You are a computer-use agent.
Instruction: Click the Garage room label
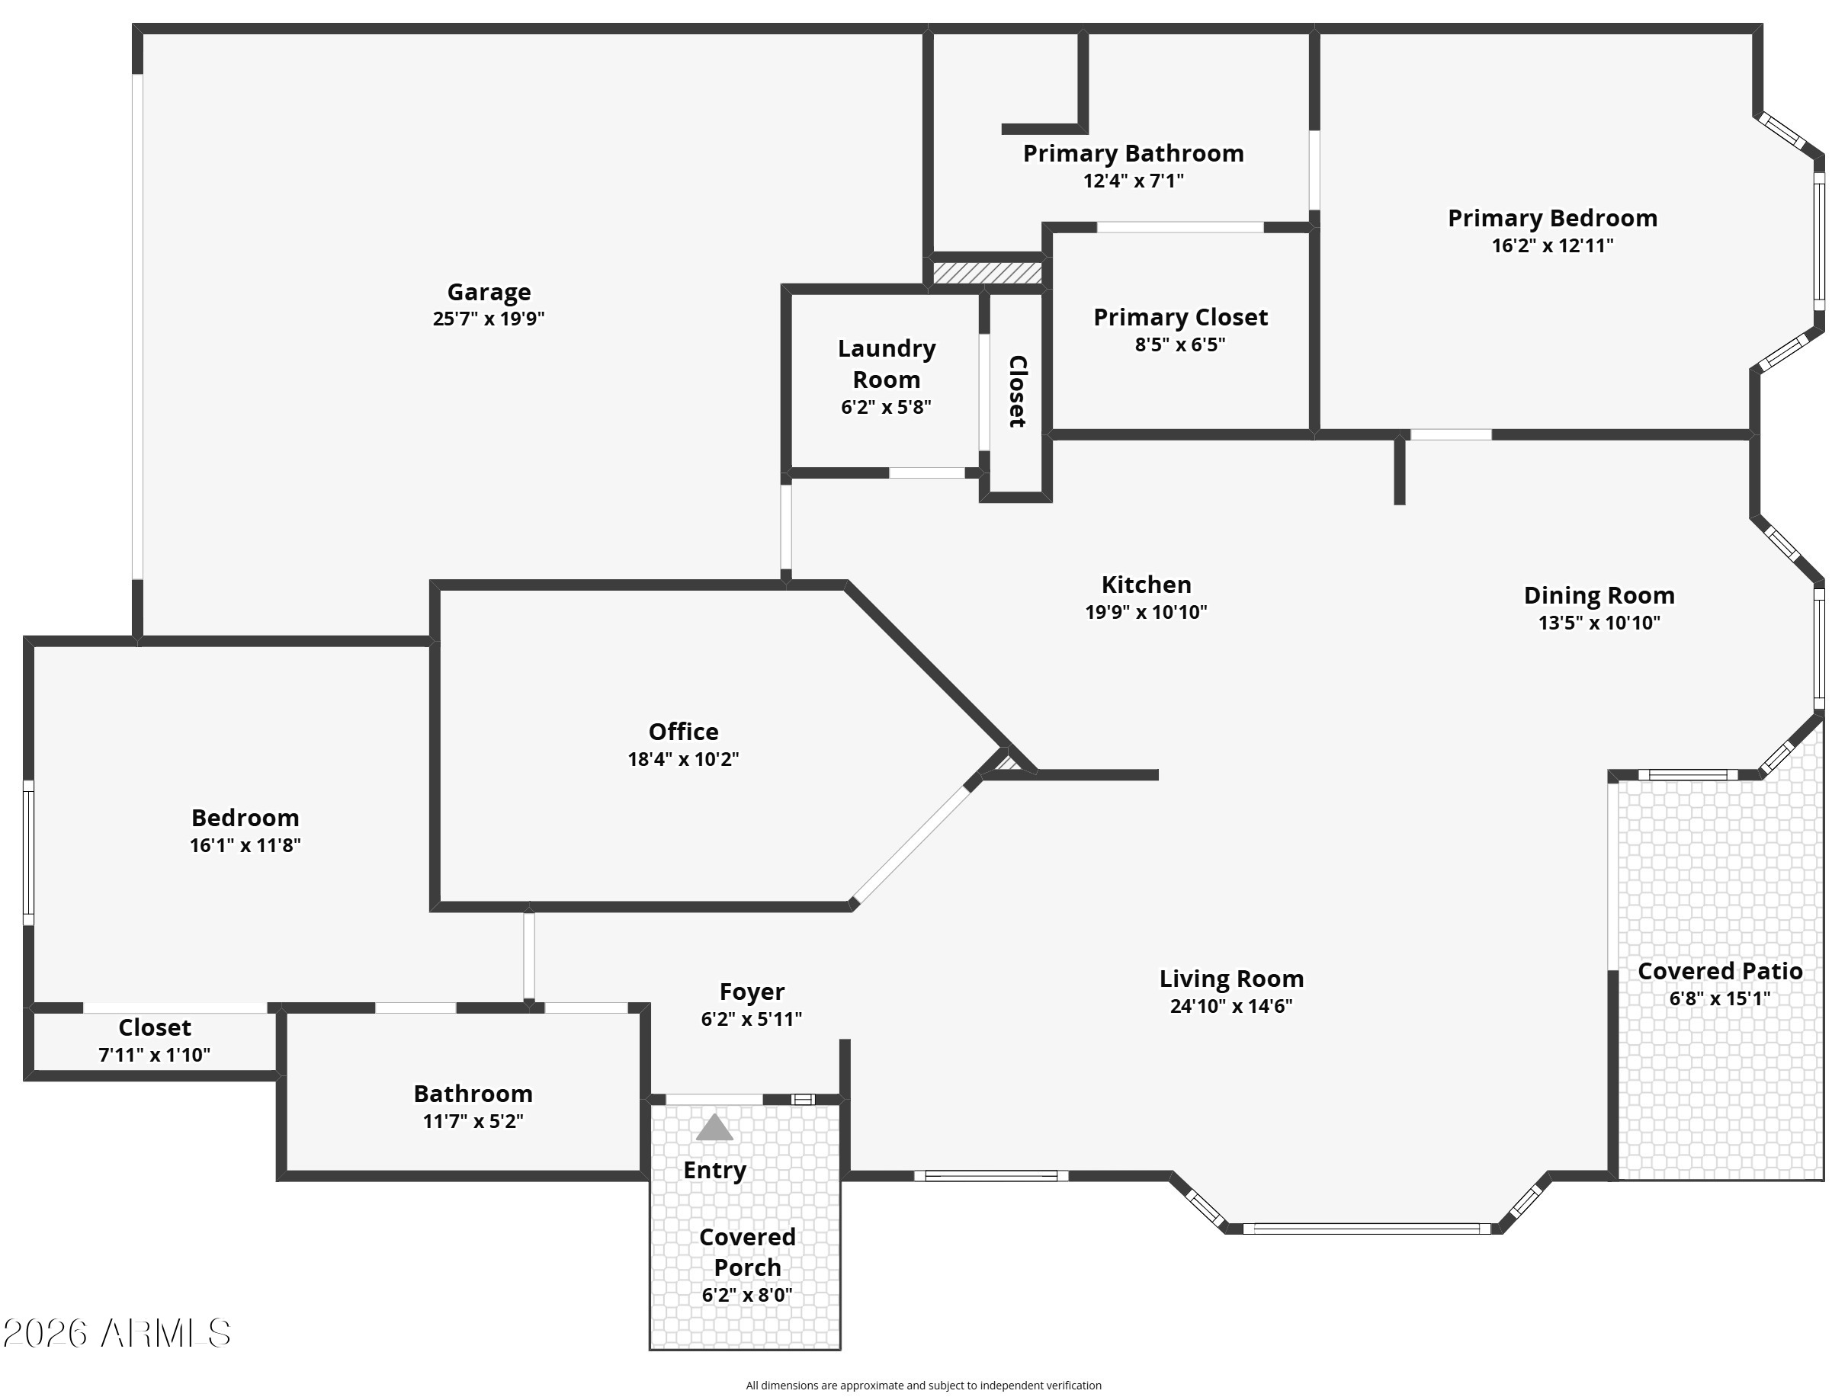[x=489, y=291]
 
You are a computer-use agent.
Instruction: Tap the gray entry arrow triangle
[x=714, y=1127]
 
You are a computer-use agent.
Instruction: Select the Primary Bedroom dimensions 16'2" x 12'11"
[x=1552, y=245]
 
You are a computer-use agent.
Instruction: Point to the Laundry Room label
[x=887, y=364]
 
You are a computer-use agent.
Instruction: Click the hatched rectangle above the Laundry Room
[x=987, y=273]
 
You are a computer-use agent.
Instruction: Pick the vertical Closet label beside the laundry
[x=1017, y=391]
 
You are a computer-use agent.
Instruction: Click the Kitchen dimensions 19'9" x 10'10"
[x=1145, y=612]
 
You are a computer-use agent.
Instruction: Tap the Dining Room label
[x=1599, y=595]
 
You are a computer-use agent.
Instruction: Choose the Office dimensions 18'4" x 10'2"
[x=683, y=759]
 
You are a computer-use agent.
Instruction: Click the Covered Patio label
[x=1719, y=971]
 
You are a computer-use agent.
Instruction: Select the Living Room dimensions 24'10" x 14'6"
[x=1230, y=1006]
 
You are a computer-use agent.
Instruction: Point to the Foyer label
[x=752, y=992]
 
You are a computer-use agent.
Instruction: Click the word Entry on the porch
[x=714, y=1170]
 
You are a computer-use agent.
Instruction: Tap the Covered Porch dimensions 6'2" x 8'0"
[x=747, y=1295]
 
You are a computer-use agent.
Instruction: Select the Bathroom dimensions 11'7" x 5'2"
[x=473, y=1121]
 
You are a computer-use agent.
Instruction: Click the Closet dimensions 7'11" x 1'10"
[x=155, y=1056]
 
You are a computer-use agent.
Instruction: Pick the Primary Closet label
[x=1180, y=317]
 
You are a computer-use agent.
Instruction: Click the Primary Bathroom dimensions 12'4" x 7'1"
[x=1133, y=181]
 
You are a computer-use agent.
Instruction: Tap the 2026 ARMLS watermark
[x=117, y=1334]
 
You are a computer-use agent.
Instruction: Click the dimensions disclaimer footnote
[x=923, y=1386]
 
